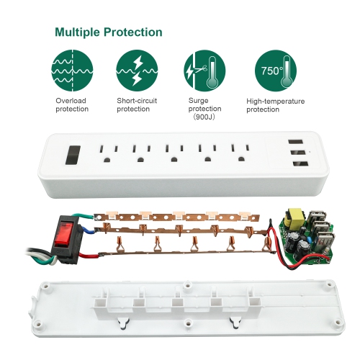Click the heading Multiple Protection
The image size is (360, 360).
pos(107,32)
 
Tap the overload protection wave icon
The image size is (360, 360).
pos(72,70)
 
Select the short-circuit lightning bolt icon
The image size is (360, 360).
pos(138,70)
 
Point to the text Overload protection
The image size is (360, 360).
pos(72,104)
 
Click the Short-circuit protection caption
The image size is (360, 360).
pos(138,104)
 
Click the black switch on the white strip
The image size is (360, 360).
pos(72,156)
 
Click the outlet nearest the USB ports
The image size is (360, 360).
pos(238,153)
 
